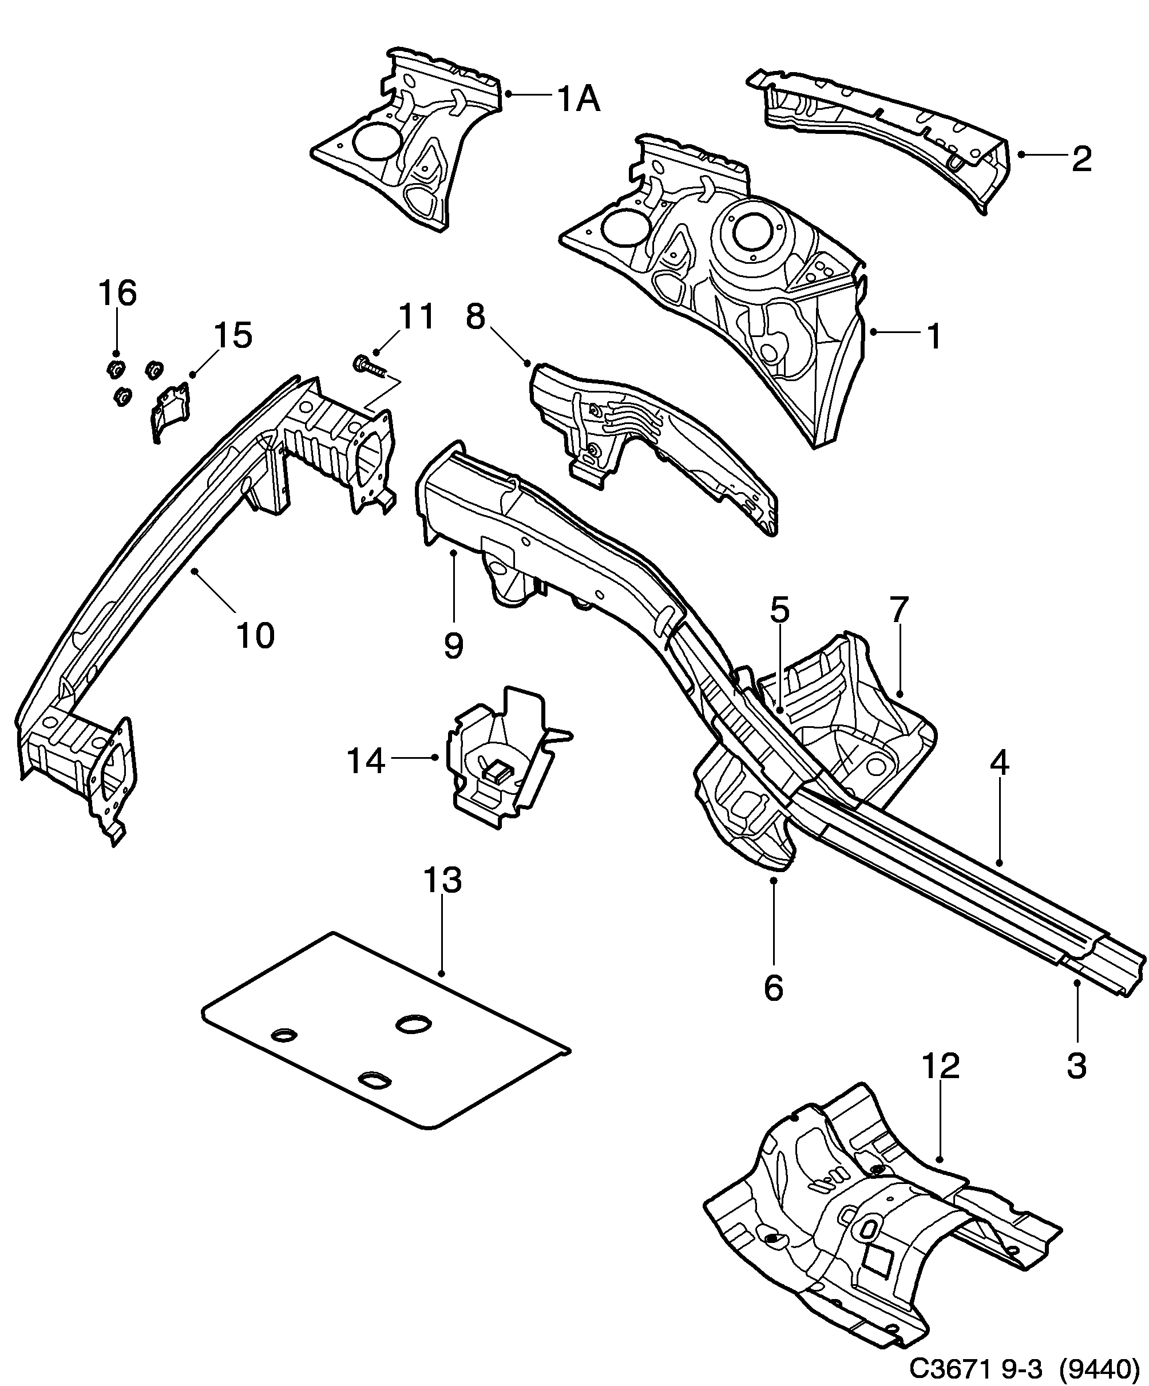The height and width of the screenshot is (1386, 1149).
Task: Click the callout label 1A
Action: (x=578, y=100)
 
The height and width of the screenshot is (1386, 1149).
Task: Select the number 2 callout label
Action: (x=1081, y=159)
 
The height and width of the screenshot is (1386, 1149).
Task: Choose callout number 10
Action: (x=255, y=636)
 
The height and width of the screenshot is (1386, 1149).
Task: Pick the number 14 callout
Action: (x=366, y=761)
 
